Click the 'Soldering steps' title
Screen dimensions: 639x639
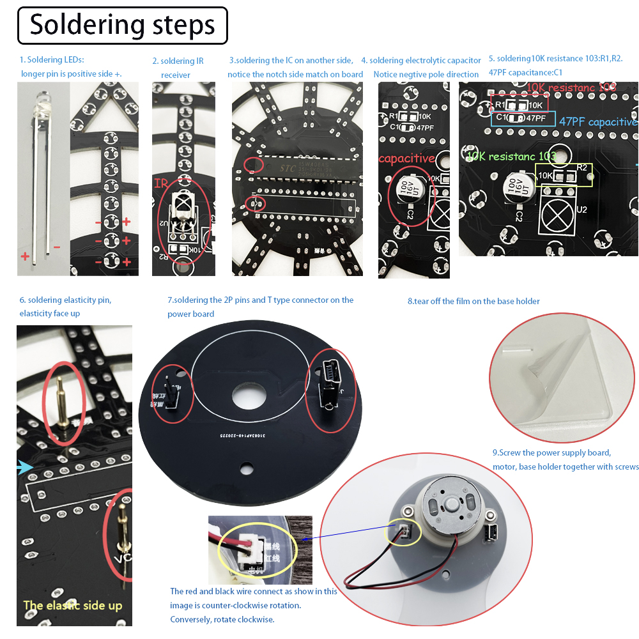tap(122, 26)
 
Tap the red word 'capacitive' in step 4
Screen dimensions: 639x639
tap(406, 158)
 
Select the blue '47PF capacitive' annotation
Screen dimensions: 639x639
tap(597, 121)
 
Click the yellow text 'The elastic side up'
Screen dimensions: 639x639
tap(72, 605)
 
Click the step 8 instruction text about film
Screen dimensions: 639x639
tap(473, 301)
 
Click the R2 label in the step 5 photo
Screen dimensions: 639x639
tap(581, 167)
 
